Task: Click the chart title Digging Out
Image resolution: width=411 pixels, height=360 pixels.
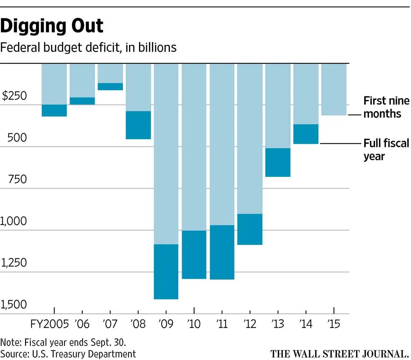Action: [52, 26]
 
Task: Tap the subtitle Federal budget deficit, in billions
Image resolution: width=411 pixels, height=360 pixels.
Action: [88, 48]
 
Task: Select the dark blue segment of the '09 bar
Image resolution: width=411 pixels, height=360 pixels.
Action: [166, 272]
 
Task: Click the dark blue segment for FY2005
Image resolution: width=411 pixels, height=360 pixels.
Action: [54, 110]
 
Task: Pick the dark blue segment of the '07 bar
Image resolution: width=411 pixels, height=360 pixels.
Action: [110, 86]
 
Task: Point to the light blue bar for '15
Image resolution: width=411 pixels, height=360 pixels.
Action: [334, 89]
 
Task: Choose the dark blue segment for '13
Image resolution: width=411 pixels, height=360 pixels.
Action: [278, 162]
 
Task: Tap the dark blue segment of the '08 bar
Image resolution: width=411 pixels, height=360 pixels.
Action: [138, 125]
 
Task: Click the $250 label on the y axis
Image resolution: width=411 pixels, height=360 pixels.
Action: [14, 96]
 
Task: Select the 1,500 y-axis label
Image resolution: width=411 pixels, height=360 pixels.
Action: [14, 304]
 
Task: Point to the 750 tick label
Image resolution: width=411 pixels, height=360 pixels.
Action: [17, 179]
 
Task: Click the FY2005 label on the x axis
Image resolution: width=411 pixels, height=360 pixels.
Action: [49, 324]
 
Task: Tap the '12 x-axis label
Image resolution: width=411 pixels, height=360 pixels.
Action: [250, 324]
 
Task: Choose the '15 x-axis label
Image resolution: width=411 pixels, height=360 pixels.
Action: [334, 324]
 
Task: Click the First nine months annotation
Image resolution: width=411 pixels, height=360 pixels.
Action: [386, 107]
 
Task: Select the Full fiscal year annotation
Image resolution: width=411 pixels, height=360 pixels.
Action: [386, 149]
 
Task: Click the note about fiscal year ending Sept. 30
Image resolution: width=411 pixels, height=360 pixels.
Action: [63, 342]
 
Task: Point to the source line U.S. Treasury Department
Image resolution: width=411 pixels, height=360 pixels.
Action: [68, 354]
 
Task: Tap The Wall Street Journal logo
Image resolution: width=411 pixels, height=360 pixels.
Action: [339, 354]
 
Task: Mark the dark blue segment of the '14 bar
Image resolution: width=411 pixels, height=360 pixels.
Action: [306, 134]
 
